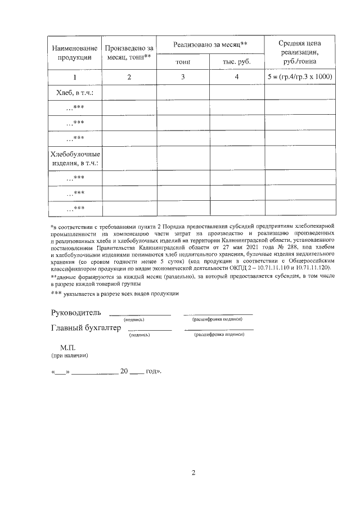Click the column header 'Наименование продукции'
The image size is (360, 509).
pos(75,52)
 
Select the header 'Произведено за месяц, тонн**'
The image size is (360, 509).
pos(129,52)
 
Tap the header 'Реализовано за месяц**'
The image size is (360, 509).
pos(210,44)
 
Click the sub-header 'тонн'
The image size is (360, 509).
pos(183,61)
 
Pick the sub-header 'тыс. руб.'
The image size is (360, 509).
pos(237,61)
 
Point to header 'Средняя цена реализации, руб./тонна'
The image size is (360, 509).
pos(300,52)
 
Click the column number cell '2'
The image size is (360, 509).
pos(129,77)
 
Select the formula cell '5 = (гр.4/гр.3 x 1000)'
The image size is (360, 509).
pos(300,77)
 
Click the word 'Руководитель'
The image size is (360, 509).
pos(76,312)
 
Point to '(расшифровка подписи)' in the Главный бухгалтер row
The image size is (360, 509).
pos(219,335)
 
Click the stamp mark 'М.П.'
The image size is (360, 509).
pos(67,348)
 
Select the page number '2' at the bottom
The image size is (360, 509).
pos(193,472)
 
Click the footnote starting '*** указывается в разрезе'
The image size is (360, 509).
pos(115,294)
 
